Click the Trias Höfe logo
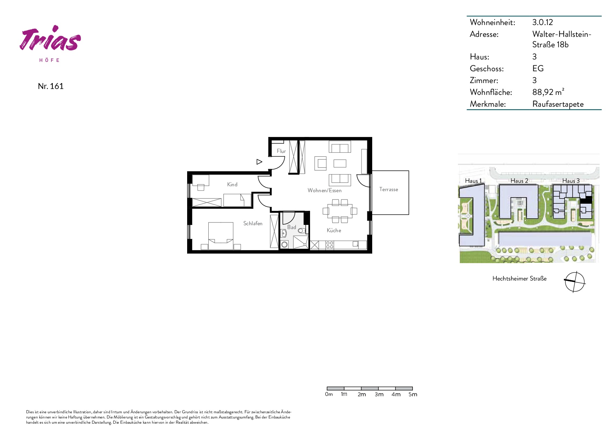pos(50,43)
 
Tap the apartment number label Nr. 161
pos(51,86)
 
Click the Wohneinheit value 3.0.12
pos(542,22)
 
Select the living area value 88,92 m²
pos(548,92)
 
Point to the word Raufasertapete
pos(558,104)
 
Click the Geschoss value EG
pos(538,68)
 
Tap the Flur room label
pos(281,151)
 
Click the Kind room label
pos(232,185)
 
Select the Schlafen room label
pos(253,223)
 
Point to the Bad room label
pos(292,227)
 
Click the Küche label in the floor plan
pos(334,230)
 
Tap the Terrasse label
pos(389,189)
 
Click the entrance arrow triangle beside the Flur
pos(259,162)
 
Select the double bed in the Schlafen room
pos(221,236)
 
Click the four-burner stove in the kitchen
pos(329,245)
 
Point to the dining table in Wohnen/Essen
pos(340,211)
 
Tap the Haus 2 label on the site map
pos(519,181)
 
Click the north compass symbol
pos(575,282)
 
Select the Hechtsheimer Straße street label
pos(519,278)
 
